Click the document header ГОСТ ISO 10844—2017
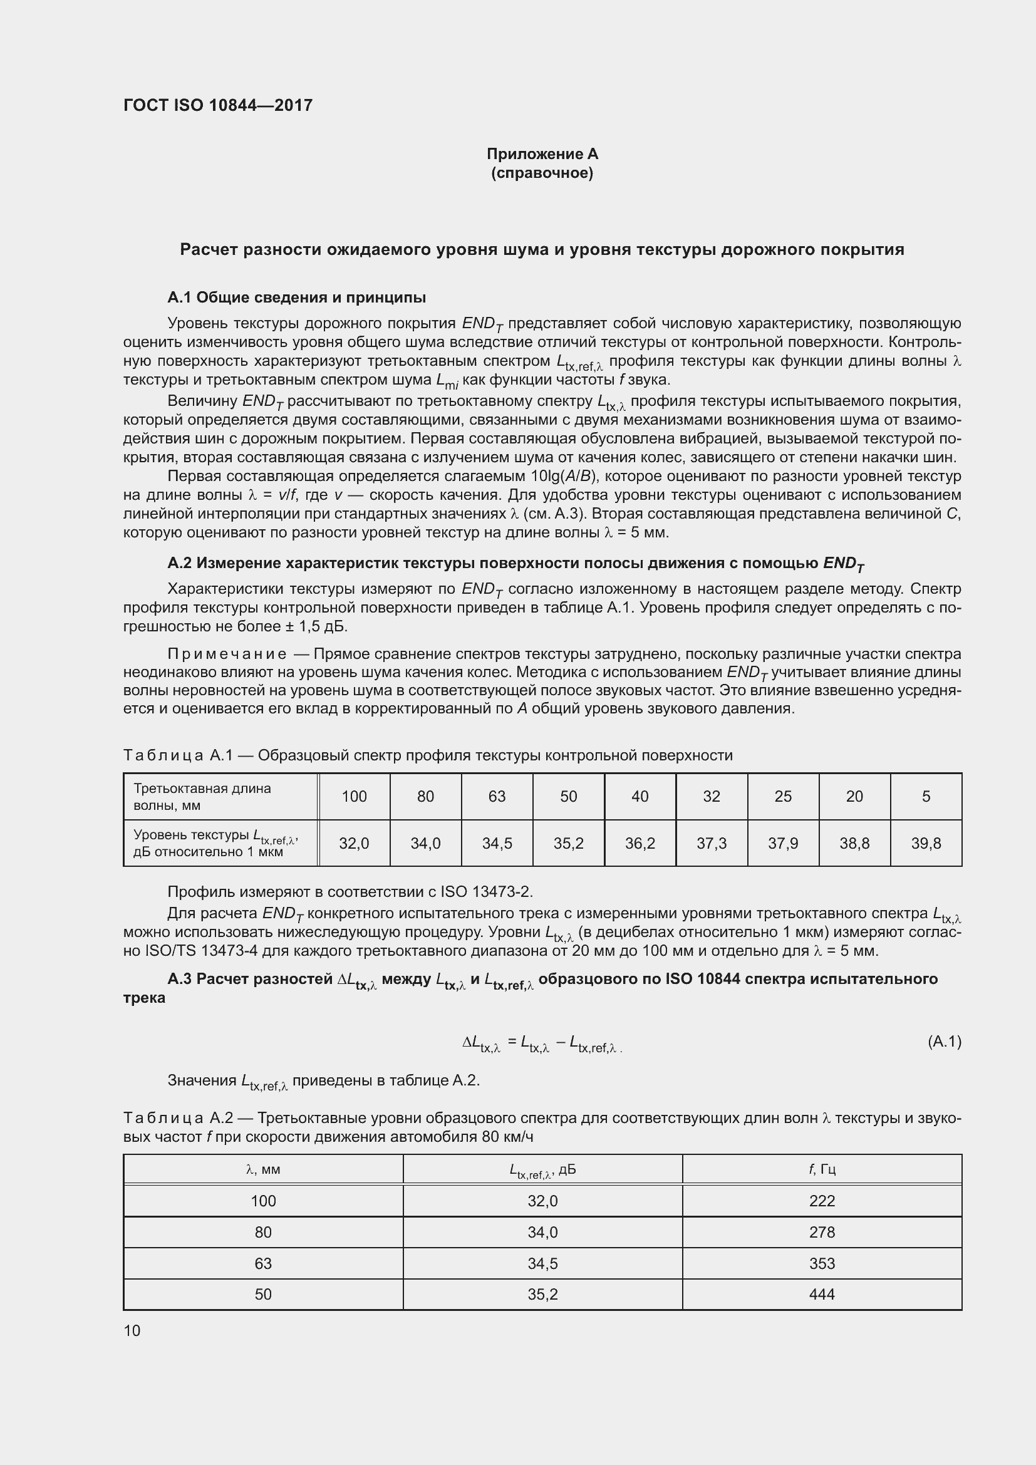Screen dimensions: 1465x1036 [x=217, y=105]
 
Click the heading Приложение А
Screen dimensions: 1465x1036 [x=542, y=154]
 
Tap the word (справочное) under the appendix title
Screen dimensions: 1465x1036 [x=542, y=173]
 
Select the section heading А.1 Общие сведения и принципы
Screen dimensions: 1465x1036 [x=297, y=298]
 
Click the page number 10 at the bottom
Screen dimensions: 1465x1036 [x=132, y=1330]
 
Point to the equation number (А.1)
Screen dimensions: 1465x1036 [x=944, y=1042]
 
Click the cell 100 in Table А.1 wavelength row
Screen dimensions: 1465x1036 [x=354, y=796]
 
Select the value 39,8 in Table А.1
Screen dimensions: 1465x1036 [x=926, y=844]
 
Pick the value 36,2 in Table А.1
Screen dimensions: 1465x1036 [x=640, y=844]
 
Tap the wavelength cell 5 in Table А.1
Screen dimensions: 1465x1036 [x=926, y=796]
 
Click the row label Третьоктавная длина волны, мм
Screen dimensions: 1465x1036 [x=202, y=796]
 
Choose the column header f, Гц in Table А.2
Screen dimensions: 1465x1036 [x=822, y=1169]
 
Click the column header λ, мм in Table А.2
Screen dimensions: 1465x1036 [x=263, y=1169]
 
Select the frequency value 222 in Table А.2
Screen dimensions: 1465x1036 [x=822, y=1201]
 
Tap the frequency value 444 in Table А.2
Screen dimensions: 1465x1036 [x=822, y=1294]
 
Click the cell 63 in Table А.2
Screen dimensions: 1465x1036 [x=263, y=1263]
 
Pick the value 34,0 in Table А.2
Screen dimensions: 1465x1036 [x=542, y=1232]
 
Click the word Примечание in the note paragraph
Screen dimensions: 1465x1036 [x=227, y=654]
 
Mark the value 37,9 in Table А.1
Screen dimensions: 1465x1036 [x=783, y=844]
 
